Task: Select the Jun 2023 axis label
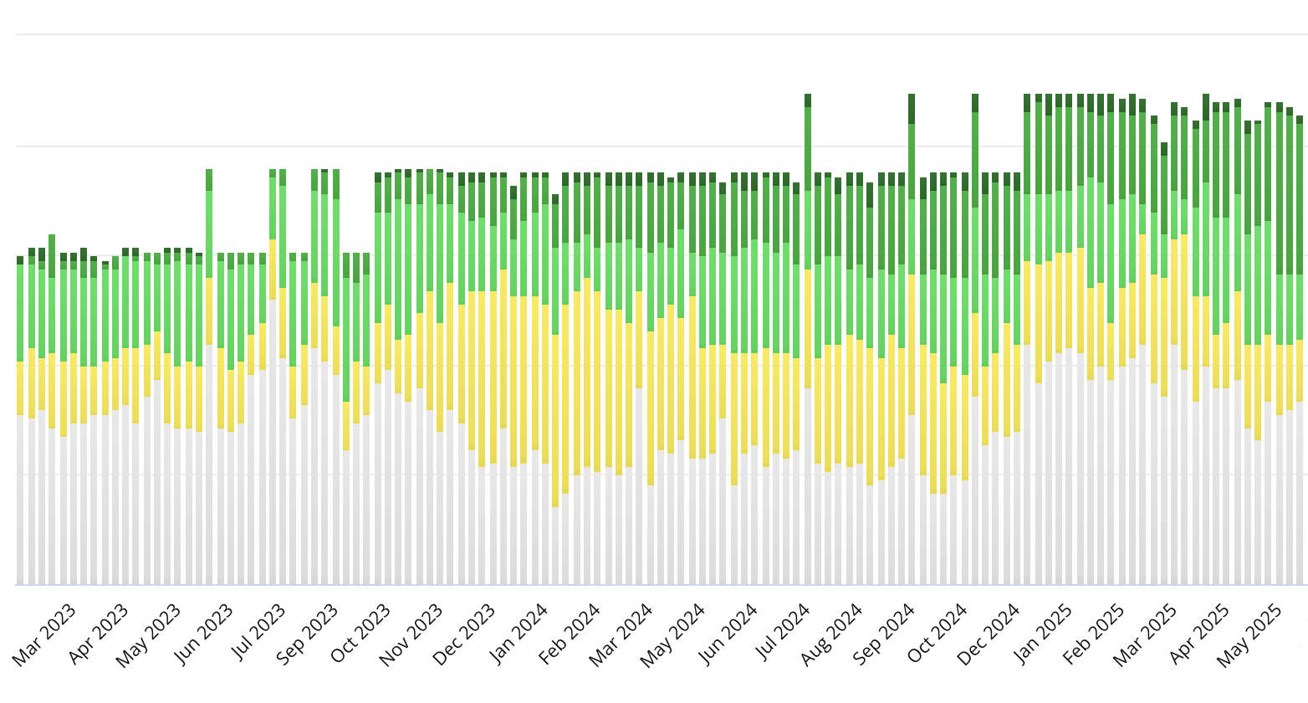coord(204,634)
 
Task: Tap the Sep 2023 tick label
coord(308,634)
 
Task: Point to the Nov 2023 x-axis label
coord(411,634)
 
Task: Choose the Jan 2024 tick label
coord(519,634)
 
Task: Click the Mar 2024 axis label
coord(621,634)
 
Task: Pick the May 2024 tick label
coord(673,634)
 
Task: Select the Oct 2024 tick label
coord(937,634)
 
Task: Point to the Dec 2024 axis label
coord(989,634)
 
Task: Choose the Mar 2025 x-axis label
coord(1145,634)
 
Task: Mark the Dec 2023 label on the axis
coord(464,634)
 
